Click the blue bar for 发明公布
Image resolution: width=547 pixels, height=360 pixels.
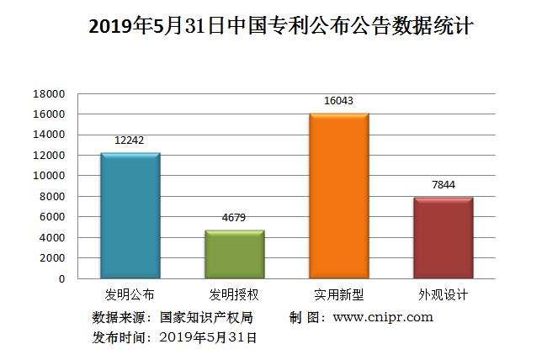coord(130,215)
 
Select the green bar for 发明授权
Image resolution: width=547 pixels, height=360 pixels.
coord(235,254)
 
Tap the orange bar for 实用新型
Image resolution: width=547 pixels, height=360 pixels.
coord(339,195)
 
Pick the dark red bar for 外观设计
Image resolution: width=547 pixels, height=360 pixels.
coord(443,238)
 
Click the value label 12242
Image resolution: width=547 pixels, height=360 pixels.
coord(130,140)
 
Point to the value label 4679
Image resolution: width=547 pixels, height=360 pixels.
coord(235,218)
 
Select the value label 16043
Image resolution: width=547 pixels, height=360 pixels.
coord(339,101)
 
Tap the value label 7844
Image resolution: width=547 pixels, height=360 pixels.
coord(443,185)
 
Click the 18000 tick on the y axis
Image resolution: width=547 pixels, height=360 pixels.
coord(50,93)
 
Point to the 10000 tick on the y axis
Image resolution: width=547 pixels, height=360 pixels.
coord(50,176)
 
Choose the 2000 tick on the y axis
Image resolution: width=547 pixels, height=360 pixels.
coord(52,258)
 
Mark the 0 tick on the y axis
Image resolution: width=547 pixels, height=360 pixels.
coord(61,278)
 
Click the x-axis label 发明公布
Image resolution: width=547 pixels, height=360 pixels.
coord(130,295)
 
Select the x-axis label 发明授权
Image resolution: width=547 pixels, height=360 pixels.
coord(235,295)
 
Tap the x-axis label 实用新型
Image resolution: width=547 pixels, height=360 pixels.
coord(339,295)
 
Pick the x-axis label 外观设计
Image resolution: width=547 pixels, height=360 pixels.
coord(443,295)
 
